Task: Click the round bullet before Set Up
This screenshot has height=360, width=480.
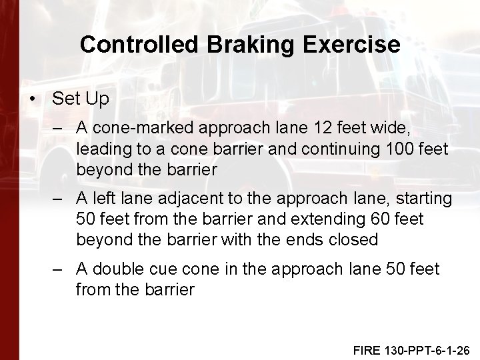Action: pos(33,99)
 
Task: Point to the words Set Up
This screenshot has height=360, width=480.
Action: pos(80,99)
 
